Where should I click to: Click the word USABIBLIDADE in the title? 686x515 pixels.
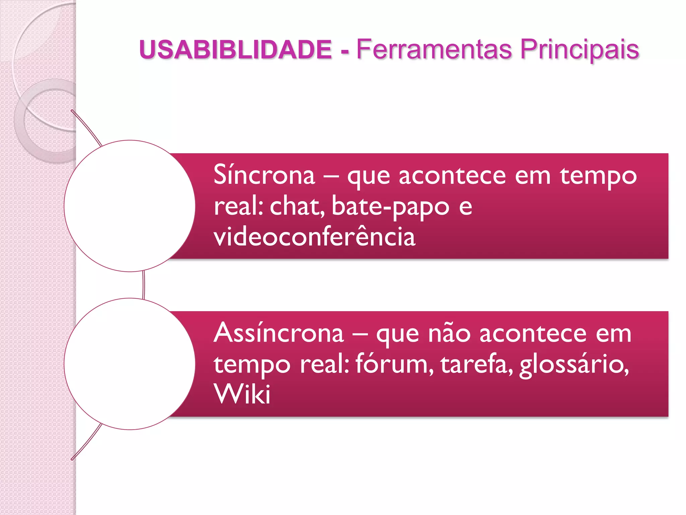tap(235, 50)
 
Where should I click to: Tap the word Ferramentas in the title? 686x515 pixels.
tap(434, 50)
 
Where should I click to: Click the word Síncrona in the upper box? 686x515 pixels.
tap(264, 175)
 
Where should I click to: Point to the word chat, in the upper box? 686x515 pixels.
tap(297, 206)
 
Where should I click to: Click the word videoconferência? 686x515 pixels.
tap(315, 236)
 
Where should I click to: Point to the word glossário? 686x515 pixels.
tap(574, 364)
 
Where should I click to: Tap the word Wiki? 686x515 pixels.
tap(242, 394)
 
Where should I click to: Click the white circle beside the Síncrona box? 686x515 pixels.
tap(130, 206)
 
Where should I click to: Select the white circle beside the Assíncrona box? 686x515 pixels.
tap(130, 364)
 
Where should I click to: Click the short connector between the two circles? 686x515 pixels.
tap(144, 285)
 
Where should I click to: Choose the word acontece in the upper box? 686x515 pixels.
tap(452, 176)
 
